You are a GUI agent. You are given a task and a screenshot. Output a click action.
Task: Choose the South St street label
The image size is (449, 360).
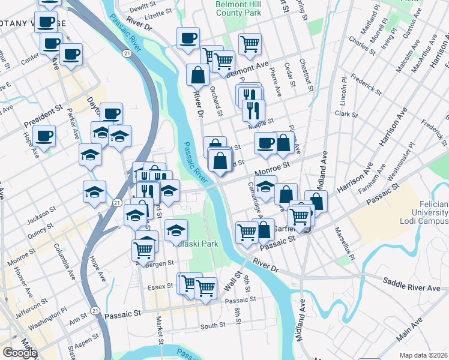pos(213,325)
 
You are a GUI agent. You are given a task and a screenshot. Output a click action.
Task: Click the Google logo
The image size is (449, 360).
pos(20,353)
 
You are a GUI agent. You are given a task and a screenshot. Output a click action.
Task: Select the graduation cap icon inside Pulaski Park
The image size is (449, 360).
pos(175,230)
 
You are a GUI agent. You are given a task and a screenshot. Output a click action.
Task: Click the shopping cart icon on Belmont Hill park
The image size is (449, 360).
pos(250,43)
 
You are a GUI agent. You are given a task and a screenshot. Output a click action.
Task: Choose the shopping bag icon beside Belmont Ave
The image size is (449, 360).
pos(197,76)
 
